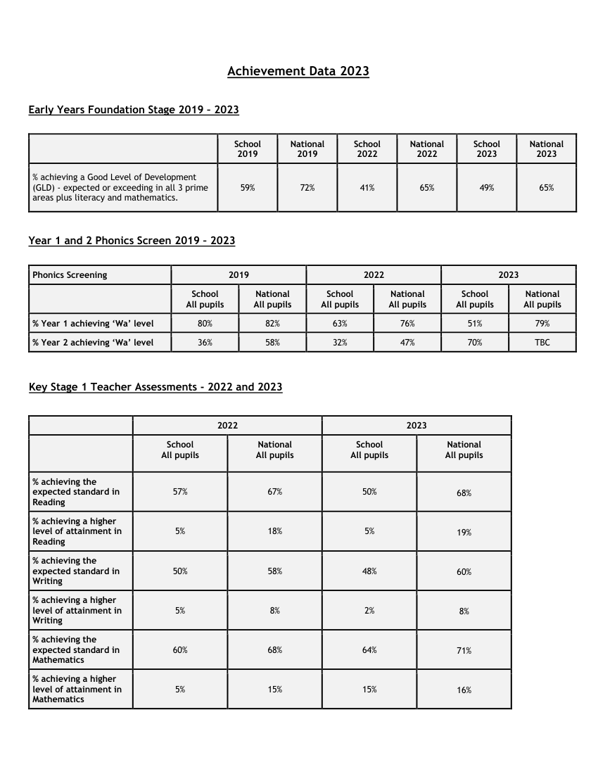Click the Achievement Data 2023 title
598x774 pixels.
298,71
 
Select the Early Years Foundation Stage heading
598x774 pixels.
134,110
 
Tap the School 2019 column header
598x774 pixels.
248,149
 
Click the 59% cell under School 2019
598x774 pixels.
248,188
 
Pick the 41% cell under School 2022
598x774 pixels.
367,188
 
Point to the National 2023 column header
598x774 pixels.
546,149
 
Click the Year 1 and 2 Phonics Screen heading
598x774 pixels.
132,241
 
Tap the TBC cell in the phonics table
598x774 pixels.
542,343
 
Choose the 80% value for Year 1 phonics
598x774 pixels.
205,324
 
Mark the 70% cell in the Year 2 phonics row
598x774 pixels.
475,343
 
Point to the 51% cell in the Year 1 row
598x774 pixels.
475,324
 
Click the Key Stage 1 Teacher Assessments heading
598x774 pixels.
155,387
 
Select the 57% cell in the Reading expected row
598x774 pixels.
180,492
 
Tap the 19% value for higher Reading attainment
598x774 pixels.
464,533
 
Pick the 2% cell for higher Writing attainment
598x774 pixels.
369,611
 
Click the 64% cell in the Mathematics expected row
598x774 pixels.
369,650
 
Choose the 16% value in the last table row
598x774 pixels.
464,690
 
